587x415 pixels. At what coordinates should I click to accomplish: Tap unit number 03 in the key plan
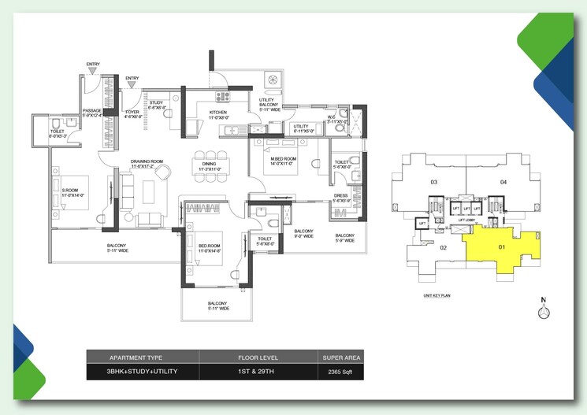coord(433,182)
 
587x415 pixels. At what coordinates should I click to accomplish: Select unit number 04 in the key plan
coord(502,182)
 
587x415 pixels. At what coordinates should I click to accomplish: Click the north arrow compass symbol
coord(542,311)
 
